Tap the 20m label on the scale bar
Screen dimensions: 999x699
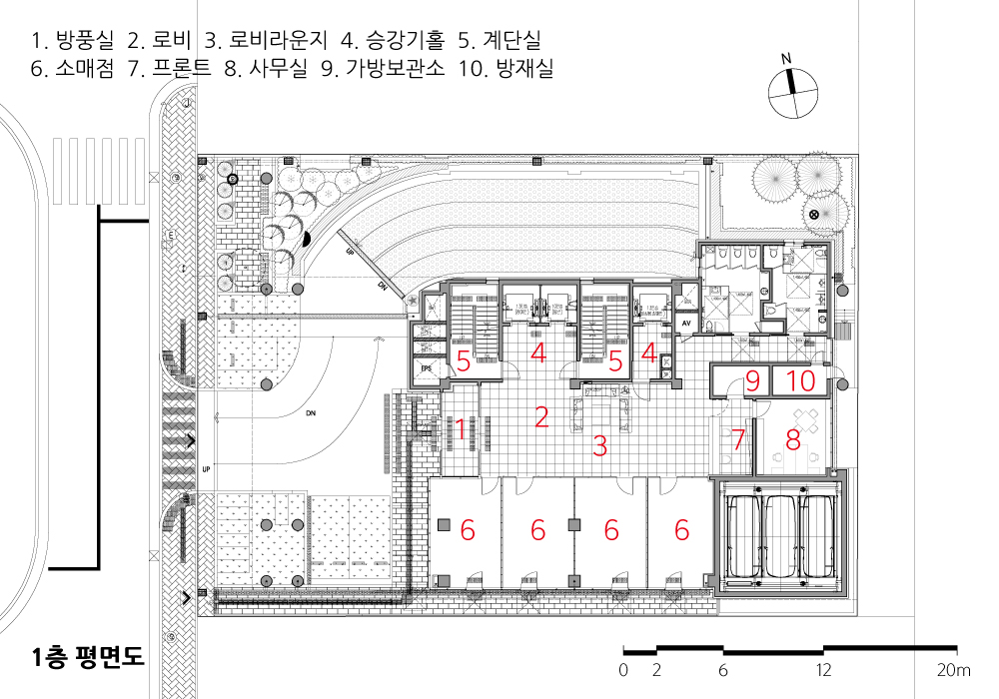coord(954,669)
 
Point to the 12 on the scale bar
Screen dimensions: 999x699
coord(823,669)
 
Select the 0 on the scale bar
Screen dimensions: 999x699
coord(623,669)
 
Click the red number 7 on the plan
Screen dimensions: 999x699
coord(739,438)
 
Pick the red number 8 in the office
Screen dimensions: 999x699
coord(794,438)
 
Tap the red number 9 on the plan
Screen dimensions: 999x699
coord(753,380)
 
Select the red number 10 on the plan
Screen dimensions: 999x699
coord(802,380)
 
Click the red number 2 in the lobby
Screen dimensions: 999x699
coord(541,417)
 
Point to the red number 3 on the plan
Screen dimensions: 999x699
coord(599,446)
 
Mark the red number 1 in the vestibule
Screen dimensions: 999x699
coord(461,429)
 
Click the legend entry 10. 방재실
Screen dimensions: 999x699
coord(505,70)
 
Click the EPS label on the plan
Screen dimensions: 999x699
coord(427,368)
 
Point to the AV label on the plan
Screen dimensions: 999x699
coord(687,324)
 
